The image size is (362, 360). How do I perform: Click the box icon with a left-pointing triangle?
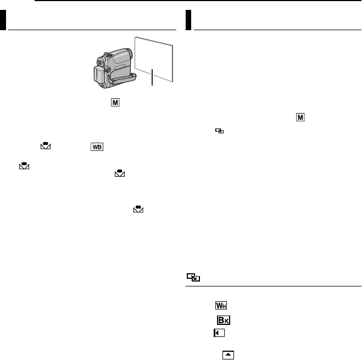pos(218,333)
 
